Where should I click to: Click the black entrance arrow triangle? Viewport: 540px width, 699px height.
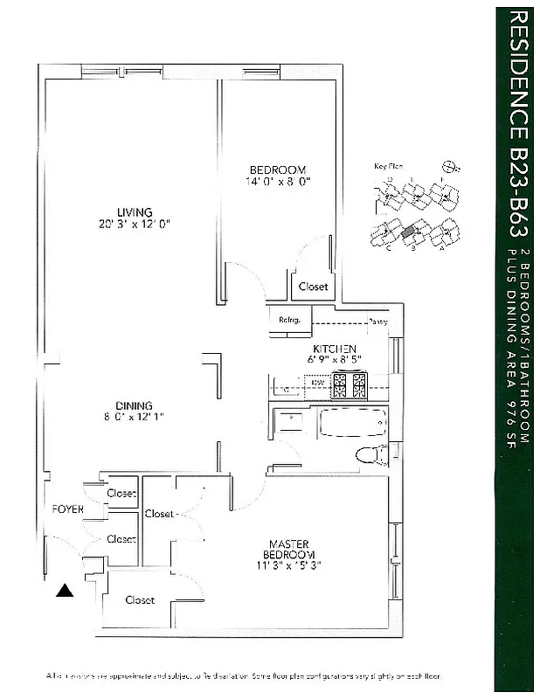click(64, 592)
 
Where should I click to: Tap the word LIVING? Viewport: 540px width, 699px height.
click(135, 211)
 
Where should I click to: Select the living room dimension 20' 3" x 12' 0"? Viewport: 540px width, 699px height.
click(135, 224)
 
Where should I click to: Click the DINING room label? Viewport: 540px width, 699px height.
click(134, 405)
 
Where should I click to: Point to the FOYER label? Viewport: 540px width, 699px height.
click(68, 509)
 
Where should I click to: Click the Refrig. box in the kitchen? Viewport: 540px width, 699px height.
click(289, 320)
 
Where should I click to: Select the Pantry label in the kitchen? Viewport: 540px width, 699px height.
click(377, 321)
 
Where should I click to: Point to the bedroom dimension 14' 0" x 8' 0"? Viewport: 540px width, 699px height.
click(278, 182)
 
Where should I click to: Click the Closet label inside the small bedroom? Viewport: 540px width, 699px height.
click(313, 286)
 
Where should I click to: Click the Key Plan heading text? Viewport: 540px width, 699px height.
click(386, 165)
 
